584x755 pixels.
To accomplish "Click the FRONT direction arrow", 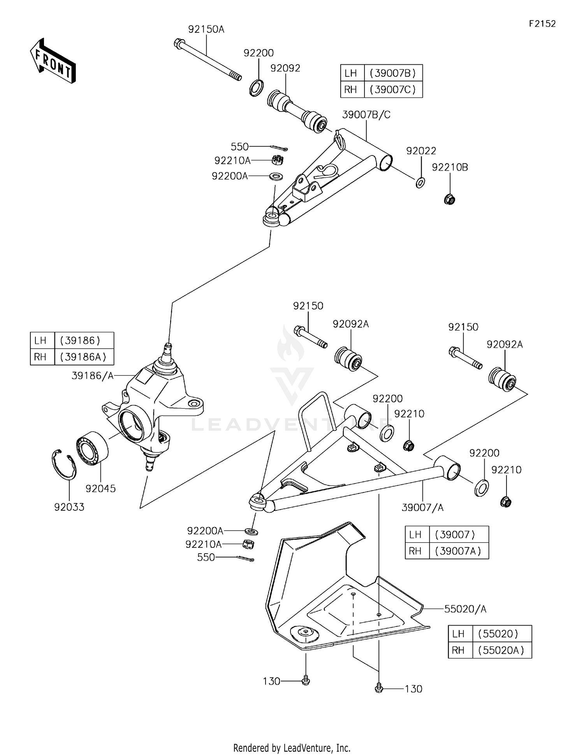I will click(53, 61).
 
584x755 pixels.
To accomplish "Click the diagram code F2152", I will click(542, 24).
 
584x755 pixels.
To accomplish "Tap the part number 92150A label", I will click(206, 30).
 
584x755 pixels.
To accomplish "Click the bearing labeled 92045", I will click(93, 448).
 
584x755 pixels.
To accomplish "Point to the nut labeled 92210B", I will click(450, 199).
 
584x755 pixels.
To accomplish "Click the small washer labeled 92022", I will click(420, 182).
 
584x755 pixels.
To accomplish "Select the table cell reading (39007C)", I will click(393, 90).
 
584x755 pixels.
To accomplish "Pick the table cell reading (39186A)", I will click(84, 357).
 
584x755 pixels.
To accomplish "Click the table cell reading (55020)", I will click(501, 634).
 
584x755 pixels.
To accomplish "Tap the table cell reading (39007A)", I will click(458, 551).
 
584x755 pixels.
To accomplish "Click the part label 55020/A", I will click(465, 609).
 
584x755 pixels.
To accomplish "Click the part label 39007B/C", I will click(366, 115).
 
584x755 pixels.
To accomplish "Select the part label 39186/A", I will click(93, 376).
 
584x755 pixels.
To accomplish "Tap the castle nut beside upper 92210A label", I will click(277, 160).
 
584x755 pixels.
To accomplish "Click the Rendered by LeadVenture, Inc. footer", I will click(292, 748).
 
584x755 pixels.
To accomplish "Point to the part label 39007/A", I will click(422, 508).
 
